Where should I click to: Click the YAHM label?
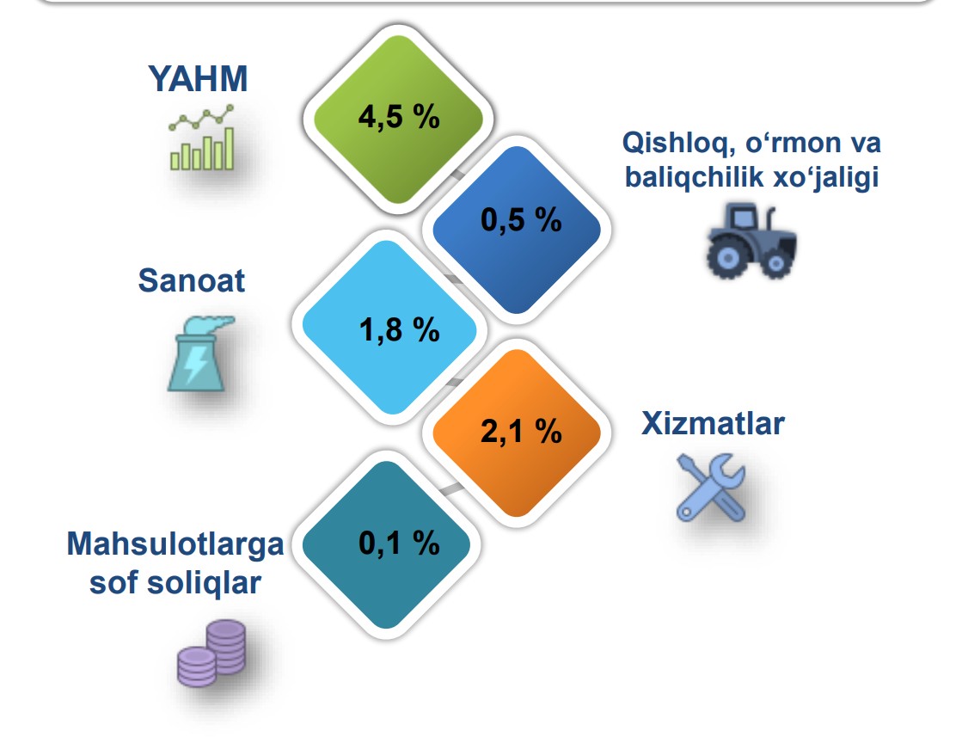(198, 79)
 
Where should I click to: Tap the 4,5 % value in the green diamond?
(399, 117)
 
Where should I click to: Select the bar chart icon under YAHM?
(202, 138)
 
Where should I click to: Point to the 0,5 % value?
(521, 219)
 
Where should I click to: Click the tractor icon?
(751, 241)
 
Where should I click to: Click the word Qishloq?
(679, 143)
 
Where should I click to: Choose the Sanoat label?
(192, 281)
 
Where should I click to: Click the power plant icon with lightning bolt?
(199, 354)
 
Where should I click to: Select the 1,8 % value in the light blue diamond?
(399, 330)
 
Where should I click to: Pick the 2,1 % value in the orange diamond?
(521, 432)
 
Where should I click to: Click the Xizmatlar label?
(713, 424)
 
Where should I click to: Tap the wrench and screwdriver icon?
(711, 488)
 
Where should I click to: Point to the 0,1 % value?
(399, 544)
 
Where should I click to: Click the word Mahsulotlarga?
(175, 545)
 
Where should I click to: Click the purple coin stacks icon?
(211, 653)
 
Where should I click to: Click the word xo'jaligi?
(826, 177)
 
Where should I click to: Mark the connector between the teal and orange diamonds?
(451, 489)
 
